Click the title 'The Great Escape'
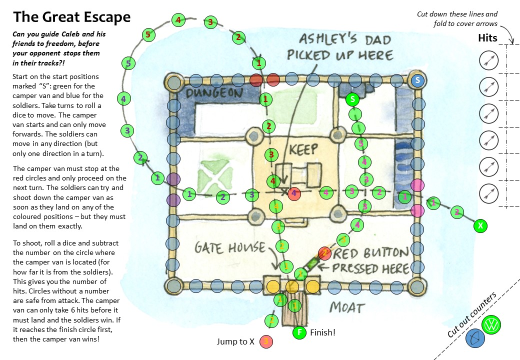71,17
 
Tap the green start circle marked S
352,99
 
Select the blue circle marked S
417,80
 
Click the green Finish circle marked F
299,332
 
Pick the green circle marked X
480,226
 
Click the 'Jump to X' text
235,342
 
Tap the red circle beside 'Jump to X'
266,342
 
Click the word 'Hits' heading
487,38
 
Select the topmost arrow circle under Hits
488,60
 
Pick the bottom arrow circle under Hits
488,192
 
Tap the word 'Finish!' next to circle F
322,332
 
